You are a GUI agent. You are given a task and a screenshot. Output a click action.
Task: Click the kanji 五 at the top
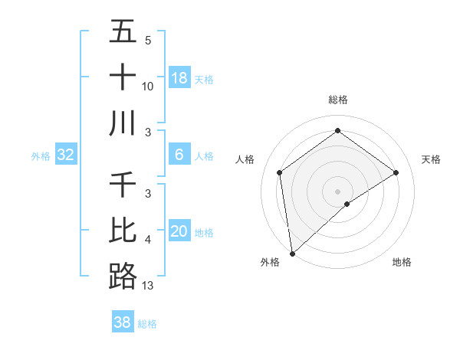pos(123,33)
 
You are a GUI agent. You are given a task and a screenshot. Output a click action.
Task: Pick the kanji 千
pos(123,186)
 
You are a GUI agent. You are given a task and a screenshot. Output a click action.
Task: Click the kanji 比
pos(123,231)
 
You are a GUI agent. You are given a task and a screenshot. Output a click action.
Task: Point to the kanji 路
pos(123,275)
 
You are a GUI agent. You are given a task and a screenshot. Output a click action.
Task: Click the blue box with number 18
pos(179,77)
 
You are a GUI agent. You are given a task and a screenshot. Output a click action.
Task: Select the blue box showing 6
pos(179,155)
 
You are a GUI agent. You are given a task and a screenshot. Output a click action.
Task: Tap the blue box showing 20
pos(179,231)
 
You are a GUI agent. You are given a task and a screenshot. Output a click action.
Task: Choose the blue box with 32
pos(66,155)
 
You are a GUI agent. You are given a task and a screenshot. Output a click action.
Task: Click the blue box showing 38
pos(123,322)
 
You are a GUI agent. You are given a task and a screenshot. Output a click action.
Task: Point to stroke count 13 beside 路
pos(148,286)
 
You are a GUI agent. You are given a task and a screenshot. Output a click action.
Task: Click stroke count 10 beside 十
pos(148,87)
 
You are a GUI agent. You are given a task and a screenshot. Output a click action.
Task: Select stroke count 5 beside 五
pos(147,41)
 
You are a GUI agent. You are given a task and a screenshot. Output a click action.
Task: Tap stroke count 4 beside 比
pos(147,241)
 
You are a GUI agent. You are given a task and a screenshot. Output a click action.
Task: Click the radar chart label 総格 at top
pos(338,100)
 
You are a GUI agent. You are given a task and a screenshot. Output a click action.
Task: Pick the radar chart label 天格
pos(431,159)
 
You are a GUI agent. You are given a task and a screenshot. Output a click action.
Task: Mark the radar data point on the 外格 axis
pos(292,253)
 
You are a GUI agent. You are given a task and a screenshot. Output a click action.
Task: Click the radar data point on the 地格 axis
pos(347,204)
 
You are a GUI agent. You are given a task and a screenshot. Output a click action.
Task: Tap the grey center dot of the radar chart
pos(338,191)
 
